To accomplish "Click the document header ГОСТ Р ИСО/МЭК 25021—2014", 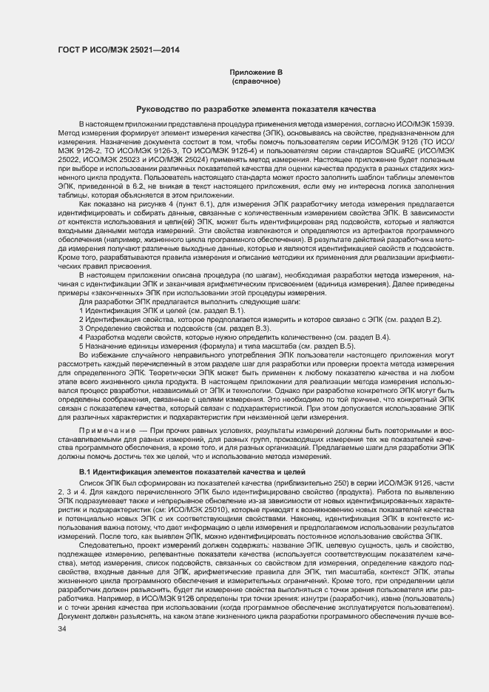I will click(118, 51).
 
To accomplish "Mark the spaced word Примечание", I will click(105, 429).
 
